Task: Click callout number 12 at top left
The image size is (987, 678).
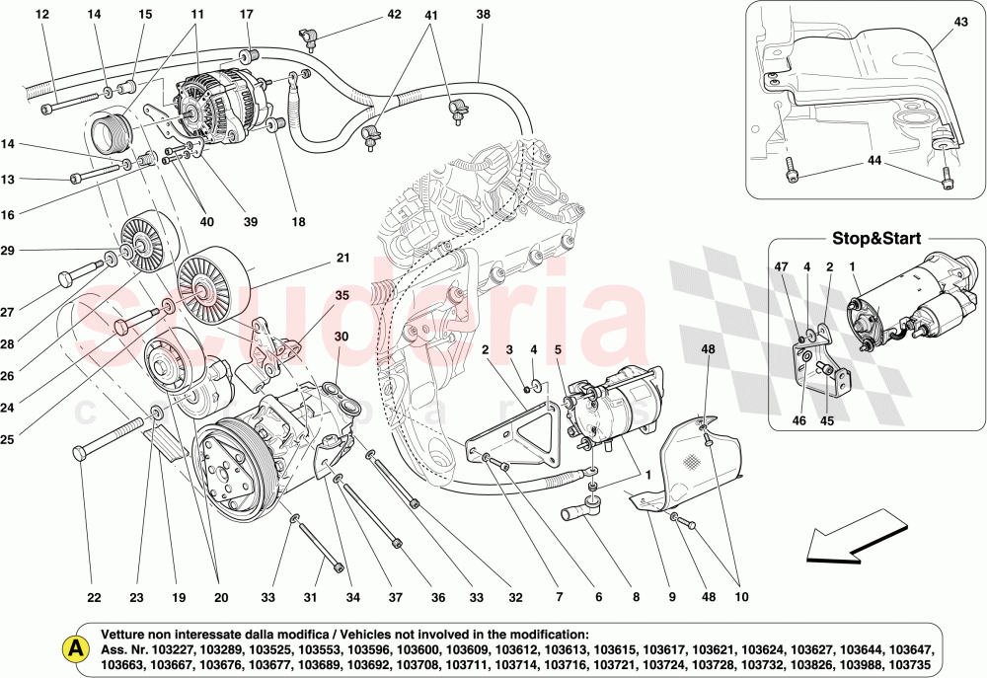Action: [x=41, y=15]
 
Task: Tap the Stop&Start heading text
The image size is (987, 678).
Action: [x=875, y=239]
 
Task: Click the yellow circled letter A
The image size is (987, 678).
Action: [x=73, y=648]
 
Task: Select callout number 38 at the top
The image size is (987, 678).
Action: [x=483, y=15]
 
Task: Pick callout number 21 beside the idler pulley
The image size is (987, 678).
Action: [x=342, y=259]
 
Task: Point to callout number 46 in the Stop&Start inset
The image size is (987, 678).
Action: [x=799, y=420]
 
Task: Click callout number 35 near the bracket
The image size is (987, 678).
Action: [x=342, y=295]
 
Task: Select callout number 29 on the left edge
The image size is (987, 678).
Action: [x=8, y=251]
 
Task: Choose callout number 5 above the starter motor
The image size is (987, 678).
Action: [x=558, y=349]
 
